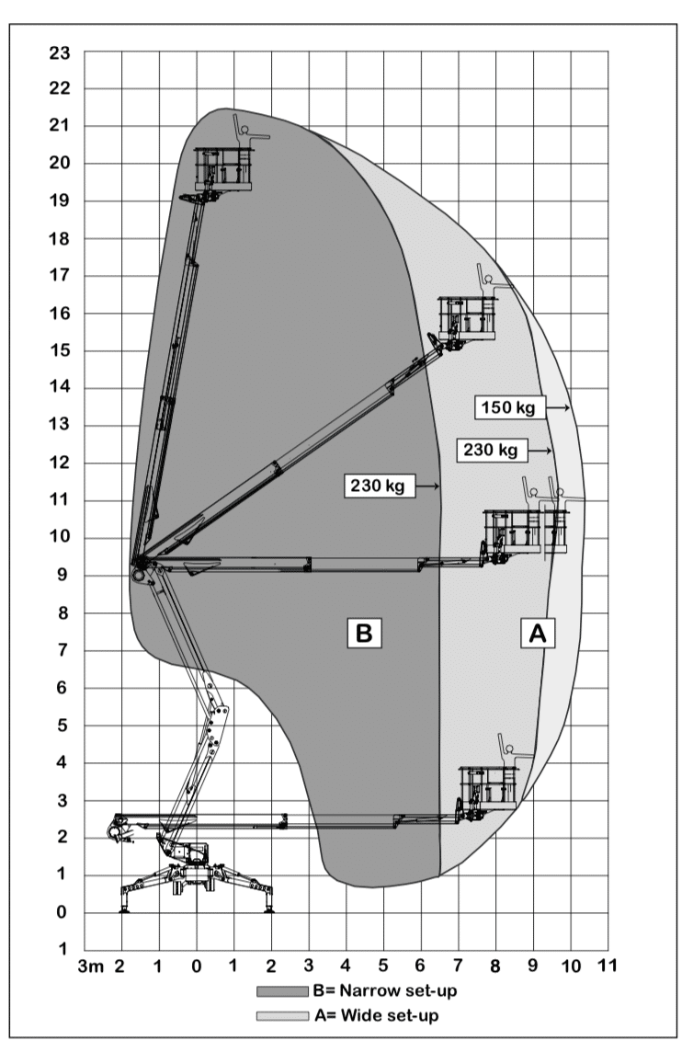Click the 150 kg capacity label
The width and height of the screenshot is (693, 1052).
[509, 407]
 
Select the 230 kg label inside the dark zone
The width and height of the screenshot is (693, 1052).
[379, 485]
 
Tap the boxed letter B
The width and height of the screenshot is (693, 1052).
[364, 633]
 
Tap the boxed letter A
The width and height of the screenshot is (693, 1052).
[538, 633]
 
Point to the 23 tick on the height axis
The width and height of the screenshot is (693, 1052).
[59, 52]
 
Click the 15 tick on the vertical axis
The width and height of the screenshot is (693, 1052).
[59, 351]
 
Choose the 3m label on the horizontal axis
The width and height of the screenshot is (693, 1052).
[91, 966]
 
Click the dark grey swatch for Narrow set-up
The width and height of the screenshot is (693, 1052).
[282, 991]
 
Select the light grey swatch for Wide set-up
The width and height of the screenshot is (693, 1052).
[282, 1016]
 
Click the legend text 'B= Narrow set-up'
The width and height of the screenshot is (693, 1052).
[385, 991]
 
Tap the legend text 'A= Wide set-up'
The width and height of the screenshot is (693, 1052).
[376, 1015]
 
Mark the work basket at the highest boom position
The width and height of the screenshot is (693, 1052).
[222, 169]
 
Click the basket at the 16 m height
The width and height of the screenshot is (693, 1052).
[467, 318]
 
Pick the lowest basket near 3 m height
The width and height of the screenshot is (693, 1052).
[488, 788]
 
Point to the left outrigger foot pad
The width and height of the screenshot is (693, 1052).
[123, 910]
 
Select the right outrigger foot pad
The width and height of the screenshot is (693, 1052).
[269, 910]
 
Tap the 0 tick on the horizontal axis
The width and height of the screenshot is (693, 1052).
[196, 966]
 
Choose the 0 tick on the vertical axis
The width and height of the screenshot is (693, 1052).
[62, 912]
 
